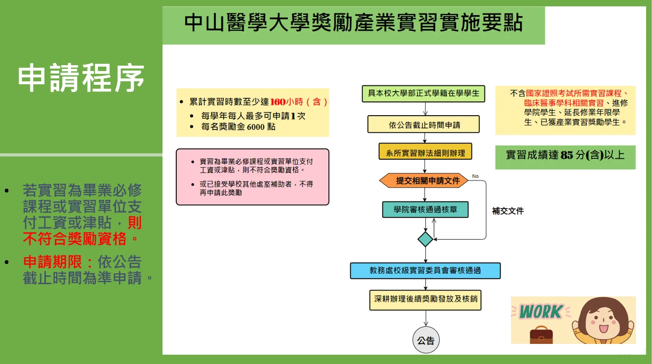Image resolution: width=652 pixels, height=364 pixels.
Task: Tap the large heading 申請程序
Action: pos(81,78)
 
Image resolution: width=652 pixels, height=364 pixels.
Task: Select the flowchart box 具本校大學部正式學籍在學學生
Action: pos(423,93)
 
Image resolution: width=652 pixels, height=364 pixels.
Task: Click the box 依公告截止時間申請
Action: pos(424,124)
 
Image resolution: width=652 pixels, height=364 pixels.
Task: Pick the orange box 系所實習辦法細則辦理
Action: pos(425,152)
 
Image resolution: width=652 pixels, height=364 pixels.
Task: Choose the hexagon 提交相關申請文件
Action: pos(424,181)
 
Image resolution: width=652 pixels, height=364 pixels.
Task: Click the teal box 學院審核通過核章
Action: pos(425,210)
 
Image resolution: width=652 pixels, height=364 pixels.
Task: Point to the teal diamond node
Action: pos(425,239)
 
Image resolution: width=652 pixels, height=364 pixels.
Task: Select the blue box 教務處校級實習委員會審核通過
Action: pos(425,270)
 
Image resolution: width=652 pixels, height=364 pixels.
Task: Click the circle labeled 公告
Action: pos(425,340)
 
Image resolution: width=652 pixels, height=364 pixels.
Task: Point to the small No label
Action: pos(475,176)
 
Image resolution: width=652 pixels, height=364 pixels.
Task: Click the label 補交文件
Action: pos(508,211)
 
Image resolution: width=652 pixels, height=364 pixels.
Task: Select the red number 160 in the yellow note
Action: pos(278,102)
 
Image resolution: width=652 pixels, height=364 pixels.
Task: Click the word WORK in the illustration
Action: pos(540,312)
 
